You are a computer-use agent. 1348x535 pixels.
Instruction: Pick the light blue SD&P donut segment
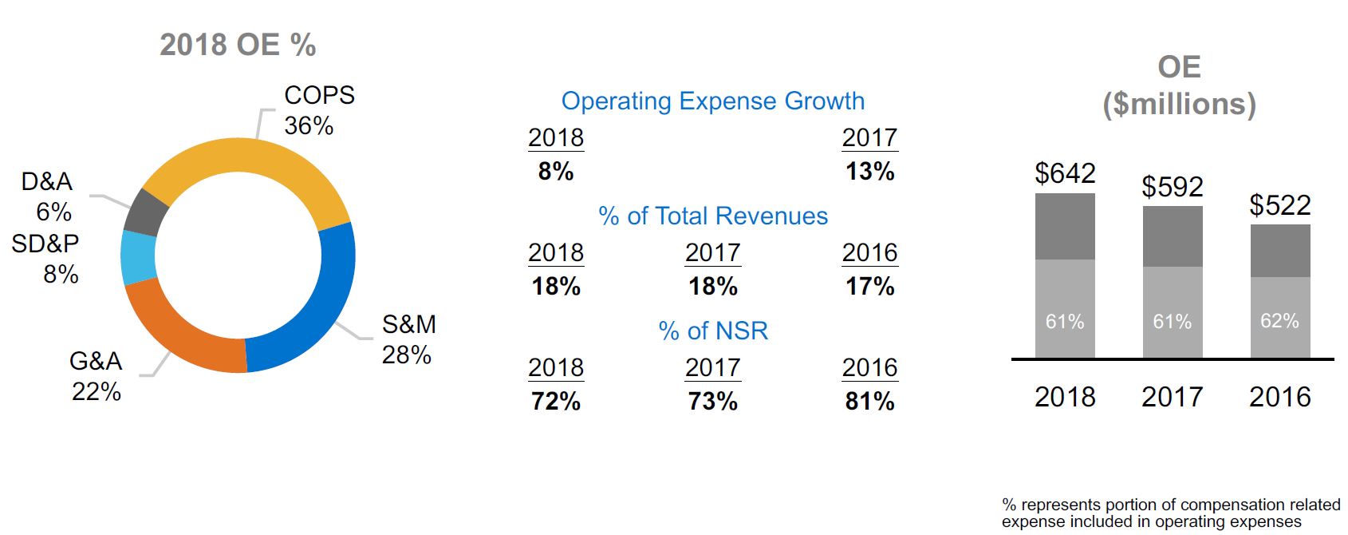137,257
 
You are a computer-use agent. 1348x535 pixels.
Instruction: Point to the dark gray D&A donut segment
146,212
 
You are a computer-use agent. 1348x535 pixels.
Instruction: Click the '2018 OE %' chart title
238,45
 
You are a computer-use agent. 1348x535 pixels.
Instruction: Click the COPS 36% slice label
318,110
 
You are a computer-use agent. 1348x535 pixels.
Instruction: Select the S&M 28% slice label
408,339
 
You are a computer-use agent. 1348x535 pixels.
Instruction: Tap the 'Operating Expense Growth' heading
712,101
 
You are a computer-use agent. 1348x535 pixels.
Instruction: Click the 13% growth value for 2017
869,171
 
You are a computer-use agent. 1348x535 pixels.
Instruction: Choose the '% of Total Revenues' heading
712,216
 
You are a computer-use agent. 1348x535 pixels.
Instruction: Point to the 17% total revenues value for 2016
869,286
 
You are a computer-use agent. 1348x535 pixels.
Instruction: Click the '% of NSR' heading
712,331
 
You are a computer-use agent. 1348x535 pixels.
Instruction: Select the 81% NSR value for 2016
869,401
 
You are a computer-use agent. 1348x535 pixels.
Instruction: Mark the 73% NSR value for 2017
712,401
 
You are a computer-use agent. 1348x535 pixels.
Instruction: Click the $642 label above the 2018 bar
1065,173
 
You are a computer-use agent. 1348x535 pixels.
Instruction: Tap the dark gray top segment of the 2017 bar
1172,236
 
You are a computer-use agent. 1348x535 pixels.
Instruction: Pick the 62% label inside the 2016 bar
1279,321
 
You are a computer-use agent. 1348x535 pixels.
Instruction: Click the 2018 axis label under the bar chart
1065,397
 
